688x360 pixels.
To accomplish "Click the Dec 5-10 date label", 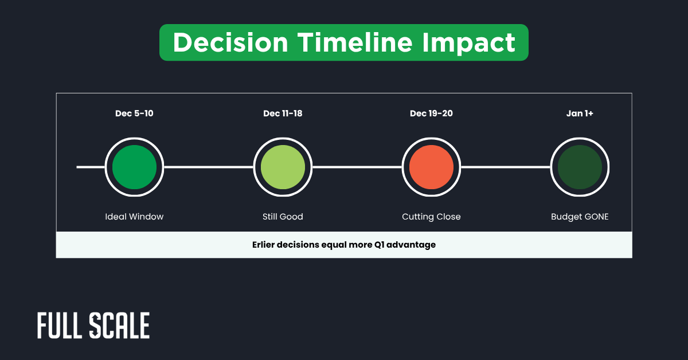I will tap(134, 114).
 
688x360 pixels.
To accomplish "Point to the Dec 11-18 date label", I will tap(283, 114).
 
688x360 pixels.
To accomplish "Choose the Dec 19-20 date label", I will tap(431, 114).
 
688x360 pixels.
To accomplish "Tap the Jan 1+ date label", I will tap(580, 114).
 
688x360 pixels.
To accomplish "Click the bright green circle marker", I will tap(134, 167).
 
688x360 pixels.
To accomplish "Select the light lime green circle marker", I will tap(283, 167).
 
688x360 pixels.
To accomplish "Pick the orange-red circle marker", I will tap(431, 167).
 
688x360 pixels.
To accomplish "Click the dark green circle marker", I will tap(580, 167).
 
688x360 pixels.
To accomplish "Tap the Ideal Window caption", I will tap(134, 217).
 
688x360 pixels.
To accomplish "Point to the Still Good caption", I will tap(283, 217).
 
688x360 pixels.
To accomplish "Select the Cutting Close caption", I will tap(431, 217).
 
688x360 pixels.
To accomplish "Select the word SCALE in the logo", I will tap(120, 326).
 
